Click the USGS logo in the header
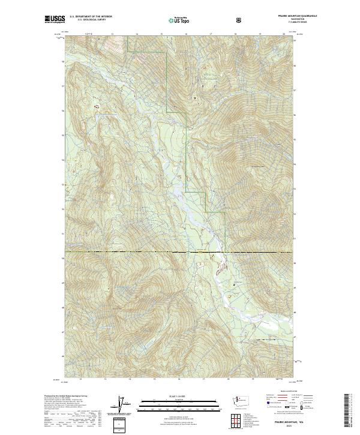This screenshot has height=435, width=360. coord(55,20)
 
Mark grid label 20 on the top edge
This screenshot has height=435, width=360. coord(284,34)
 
